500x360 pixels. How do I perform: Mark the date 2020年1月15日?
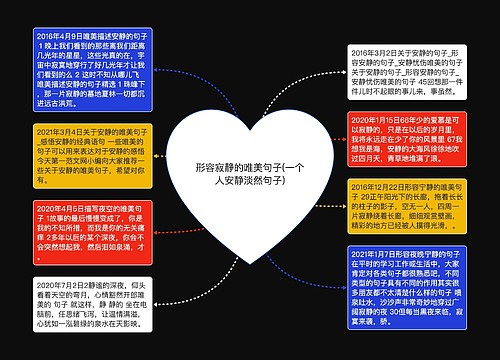click(x=379, y=118)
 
